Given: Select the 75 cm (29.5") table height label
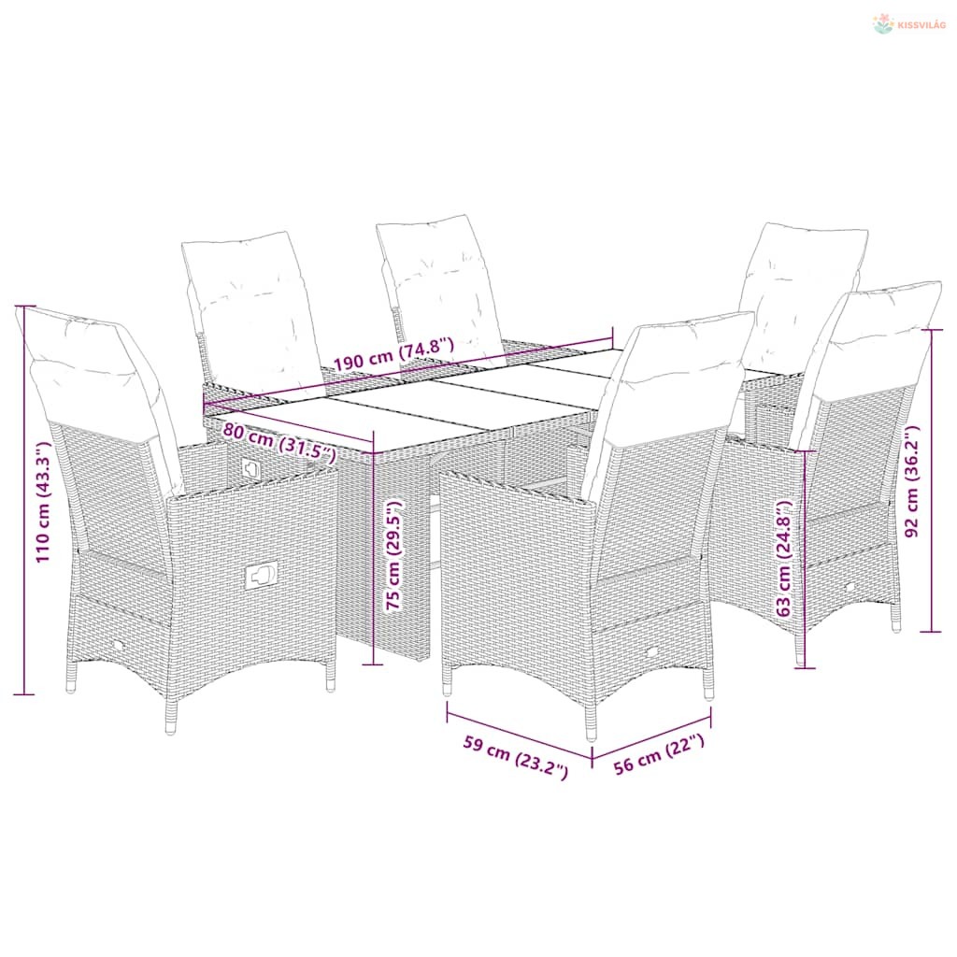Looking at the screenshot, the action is [x=394, y=555].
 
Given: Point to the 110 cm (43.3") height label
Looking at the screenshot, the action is [x=43, y=502].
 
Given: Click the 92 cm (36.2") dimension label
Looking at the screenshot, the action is [x=912, y=481].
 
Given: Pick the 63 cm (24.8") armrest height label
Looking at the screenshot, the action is [x=783, y=559].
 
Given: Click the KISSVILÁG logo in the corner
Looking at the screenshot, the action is [x=908, y=24].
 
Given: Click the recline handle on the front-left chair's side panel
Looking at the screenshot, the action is [x=262, y=575].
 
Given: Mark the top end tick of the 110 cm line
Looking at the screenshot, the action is [x=24, y=307].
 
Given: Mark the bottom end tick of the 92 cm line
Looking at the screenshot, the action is [x=931, y=632].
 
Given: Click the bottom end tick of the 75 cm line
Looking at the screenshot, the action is [x=373, y=664].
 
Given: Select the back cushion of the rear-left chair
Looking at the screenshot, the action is [x=251, y=312].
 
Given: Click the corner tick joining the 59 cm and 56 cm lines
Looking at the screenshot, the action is [x=592, y=758].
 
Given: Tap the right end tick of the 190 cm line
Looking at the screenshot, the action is [x=612, y=336].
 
